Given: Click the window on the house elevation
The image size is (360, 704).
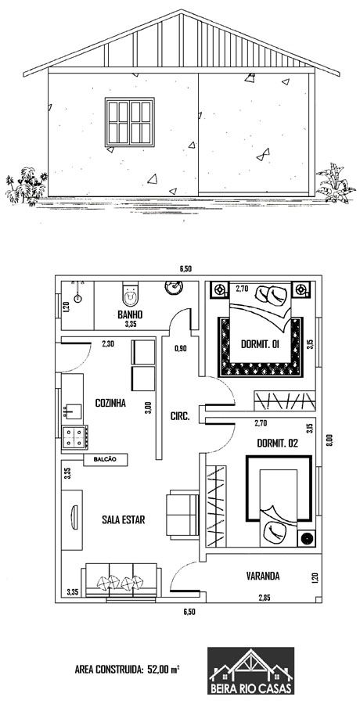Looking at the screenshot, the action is (129, 122).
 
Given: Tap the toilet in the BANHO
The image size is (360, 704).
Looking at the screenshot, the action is (131, 293).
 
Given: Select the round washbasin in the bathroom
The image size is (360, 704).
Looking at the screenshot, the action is (174, 287).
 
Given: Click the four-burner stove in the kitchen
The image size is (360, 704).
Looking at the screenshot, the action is (74, 436).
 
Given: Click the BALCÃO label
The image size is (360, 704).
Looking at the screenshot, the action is (106, 459).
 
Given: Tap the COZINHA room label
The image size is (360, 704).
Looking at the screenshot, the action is (110, 403).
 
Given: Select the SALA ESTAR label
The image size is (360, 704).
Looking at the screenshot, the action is (123, 520).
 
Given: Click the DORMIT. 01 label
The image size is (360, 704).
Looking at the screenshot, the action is (261, 345).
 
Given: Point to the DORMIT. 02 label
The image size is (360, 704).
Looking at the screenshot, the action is (277, 444).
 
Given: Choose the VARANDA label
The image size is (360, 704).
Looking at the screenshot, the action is (263, 576).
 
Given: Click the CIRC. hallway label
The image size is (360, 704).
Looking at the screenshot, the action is (180, 416).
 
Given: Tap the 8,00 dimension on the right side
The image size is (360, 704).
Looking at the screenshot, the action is (329, 439).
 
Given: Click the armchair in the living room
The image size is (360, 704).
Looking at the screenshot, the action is (182, 515).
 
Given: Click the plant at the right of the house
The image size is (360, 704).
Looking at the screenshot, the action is (336, 184).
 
